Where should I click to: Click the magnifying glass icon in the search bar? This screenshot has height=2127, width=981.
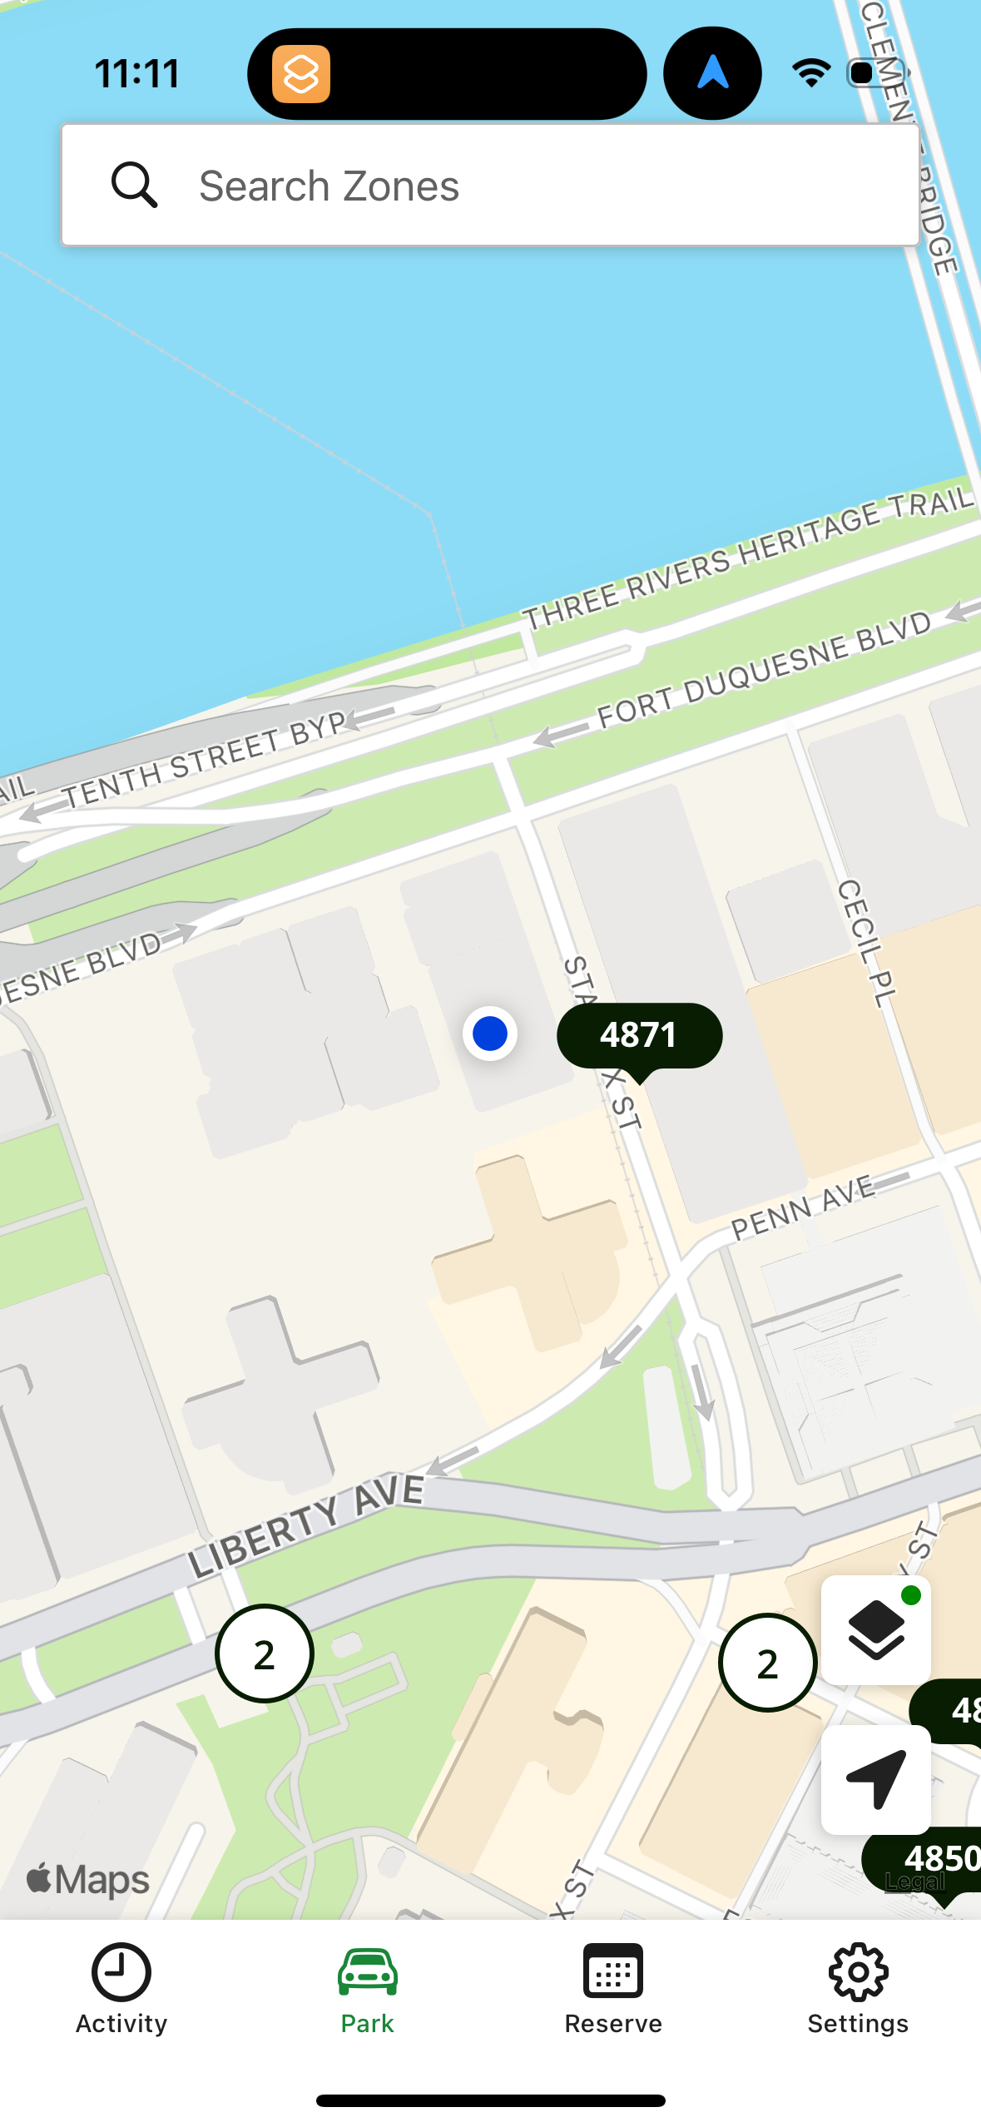coord(134,185)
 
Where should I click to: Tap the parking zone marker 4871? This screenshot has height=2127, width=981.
coord(639,1035)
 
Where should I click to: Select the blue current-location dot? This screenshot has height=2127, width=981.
coord(490,1034)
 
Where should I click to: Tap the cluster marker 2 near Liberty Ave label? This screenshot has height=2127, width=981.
coord(265,1654)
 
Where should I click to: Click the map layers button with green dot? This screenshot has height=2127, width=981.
coord(875,1629)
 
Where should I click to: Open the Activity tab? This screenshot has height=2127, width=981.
coord(121,1989)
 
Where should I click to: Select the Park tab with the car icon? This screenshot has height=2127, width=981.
coord(368,1989)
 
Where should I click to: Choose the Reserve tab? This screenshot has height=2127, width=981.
coord(613,1989)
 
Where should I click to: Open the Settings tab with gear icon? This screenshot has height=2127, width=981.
coord(858,1989)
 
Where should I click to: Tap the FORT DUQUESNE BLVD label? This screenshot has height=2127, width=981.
coord(764,671)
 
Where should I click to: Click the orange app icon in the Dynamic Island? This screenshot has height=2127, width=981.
coord(301,74)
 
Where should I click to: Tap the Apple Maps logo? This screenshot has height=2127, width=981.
coord(88,1879)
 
